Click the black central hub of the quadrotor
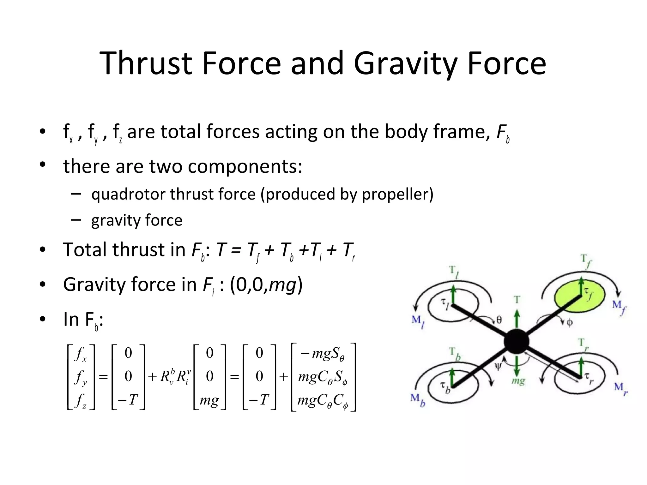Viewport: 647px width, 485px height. point(516,342)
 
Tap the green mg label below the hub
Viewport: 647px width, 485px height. point(518,381)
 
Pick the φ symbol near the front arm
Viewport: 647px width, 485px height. point(570,322)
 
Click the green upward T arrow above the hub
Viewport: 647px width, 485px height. point(517,319)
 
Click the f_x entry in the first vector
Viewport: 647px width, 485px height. point(81,354)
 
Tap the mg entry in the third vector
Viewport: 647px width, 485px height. point(209,400)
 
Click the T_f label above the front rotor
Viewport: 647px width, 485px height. point(586,261)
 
